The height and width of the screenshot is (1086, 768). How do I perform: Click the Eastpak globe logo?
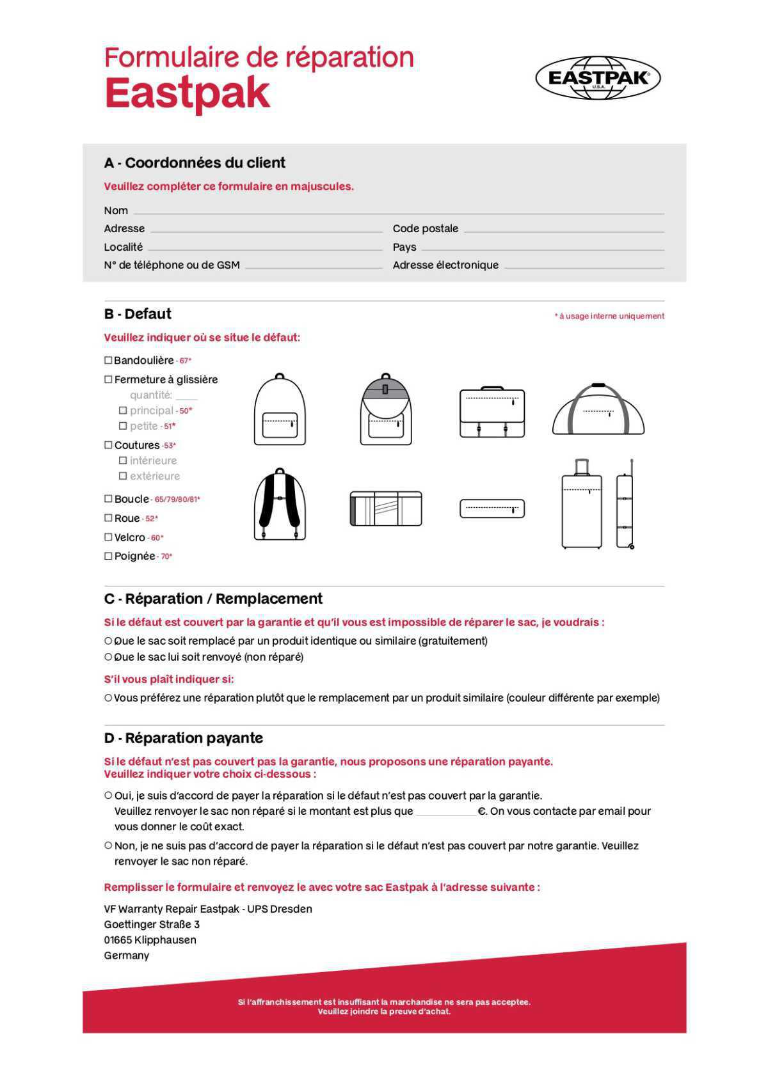(598, 78)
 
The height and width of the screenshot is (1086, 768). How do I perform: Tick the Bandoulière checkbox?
(108, 361)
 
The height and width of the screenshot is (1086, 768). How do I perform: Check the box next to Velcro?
(108, 537)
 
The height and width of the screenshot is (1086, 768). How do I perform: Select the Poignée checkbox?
(108, 556)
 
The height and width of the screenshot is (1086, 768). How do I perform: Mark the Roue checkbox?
(108, 518)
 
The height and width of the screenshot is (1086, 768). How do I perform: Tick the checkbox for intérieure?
(123, 460)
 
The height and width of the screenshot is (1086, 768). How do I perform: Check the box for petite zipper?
(123, 426)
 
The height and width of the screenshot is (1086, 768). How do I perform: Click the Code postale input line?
(563, 230)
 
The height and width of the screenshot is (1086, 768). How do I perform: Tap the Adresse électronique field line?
(584, 266)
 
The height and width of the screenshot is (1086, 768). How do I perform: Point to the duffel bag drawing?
(598, 410)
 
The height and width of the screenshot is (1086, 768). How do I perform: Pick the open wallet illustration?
(386, 508)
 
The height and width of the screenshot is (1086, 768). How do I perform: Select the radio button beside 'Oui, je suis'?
(108, 796)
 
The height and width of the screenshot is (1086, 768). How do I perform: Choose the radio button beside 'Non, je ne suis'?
(108, 846)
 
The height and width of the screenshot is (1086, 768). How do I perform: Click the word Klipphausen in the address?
(165, 940)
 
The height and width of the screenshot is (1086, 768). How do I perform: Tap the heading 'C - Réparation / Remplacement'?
(213, 599)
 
